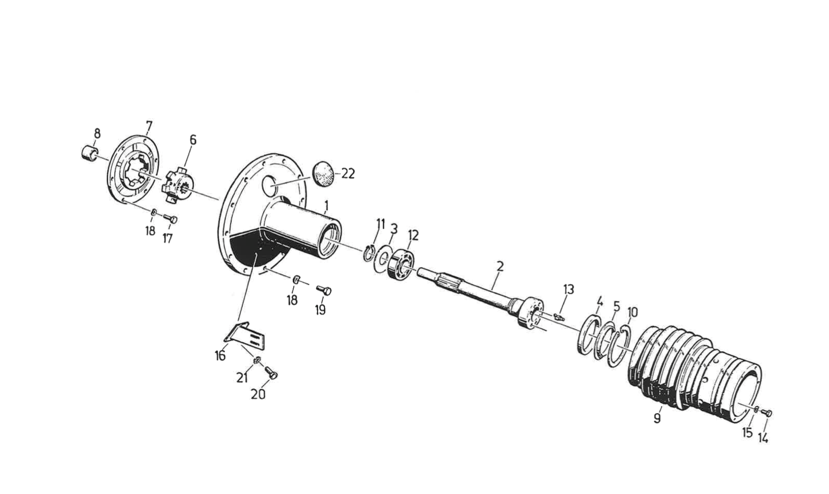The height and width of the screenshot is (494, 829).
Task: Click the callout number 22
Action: pos(348,174)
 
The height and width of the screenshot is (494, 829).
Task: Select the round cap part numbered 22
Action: pos(323,173)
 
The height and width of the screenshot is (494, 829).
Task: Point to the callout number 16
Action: pos(220,356)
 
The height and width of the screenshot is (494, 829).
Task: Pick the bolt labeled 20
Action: pos(271,373)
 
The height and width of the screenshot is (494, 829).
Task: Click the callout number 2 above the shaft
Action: pos(500,266)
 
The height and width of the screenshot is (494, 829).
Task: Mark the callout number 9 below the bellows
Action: pos(657,418)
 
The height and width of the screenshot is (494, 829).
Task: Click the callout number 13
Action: pos(569,290)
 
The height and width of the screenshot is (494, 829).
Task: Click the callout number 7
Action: pos(149,127)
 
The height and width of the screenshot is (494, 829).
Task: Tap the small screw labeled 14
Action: pos(768,413)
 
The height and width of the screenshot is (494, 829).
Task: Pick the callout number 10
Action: pos(633,312)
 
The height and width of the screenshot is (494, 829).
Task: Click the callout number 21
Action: pos(242,378)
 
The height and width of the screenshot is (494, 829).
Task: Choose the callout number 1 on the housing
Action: pos(326,205)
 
